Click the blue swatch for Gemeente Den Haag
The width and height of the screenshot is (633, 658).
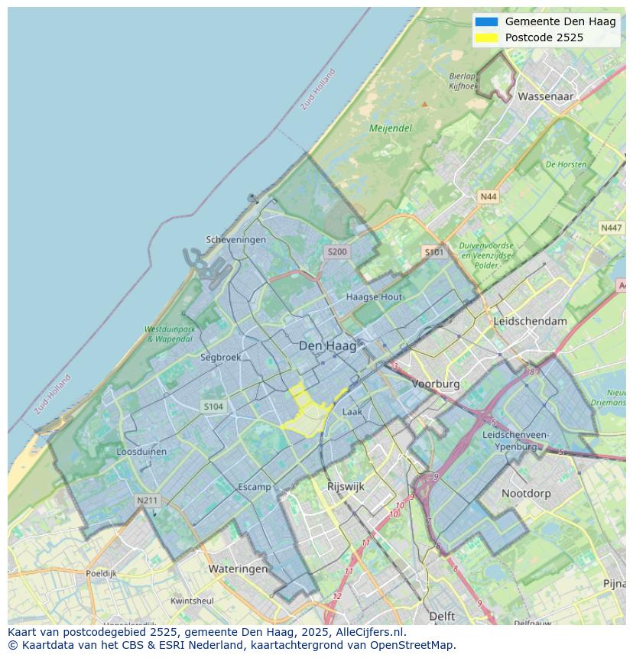[485, 21]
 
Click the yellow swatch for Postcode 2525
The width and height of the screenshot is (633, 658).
[485, 37]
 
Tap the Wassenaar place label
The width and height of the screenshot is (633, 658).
[545, 97]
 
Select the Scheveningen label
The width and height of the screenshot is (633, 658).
[236, 240]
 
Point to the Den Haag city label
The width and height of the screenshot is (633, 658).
[327, 346]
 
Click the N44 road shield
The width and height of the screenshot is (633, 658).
[488, 197]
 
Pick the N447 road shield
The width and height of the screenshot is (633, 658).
[611, 228]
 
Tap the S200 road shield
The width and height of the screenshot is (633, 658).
[336, 251]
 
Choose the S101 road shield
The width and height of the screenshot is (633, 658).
[433, 251]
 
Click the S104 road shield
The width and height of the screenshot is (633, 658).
[213, 407]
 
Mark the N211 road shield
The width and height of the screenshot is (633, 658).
[147, 501]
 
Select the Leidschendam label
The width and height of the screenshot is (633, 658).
[531, 322]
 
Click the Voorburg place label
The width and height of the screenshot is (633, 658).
[436, 384]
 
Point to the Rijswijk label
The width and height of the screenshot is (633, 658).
[346, 486]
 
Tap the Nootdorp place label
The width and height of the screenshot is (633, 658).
[526, 494]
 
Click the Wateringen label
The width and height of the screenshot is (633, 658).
[238, 569]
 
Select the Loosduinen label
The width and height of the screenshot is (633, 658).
[141, 452]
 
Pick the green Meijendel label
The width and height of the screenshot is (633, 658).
[391, 128]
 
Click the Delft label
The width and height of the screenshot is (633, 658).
[442, 616]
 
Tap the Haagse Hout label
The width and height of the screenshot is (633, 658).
[374, 297]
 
